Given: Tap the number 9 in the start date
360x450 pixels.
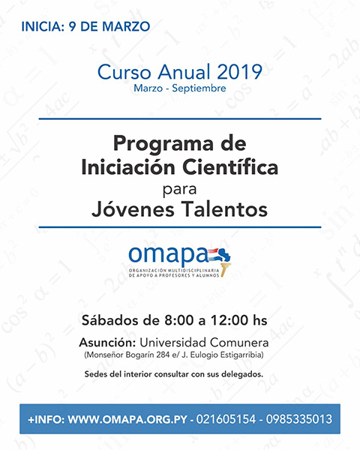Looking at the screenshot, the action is [x=72, y=27].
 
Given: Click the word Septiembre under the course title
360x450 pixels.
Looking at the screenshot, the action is [x=199, y=88].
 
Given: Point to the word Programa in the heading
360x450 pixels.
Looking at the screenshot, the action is [x=163, y=144].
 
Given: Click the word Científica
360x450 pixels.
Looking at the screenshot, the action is [x=230, y=166].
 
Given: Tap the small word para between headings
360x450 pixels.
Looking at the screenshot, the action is [x=180, y=190].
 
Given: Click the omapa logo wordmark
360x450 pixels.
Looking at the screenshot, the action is [x=168, y=255].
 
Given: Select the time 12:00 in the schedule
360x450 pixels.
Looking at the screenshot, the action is [x=229, y=320].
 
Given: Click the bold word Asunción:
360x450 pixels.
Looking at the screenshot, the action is [x=107, y=343].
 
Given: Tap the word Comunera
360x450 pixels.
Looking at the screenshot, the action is [x=239, y=343].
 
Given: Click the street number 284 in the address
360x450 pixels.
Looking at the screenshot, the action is [x=163, y=355].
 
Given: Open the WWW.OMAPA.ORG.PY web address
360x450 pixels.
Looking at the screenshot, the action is [x=127, y=419].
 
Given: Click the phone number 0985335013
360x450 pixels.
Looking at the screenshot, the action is [x=298, y=419].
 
